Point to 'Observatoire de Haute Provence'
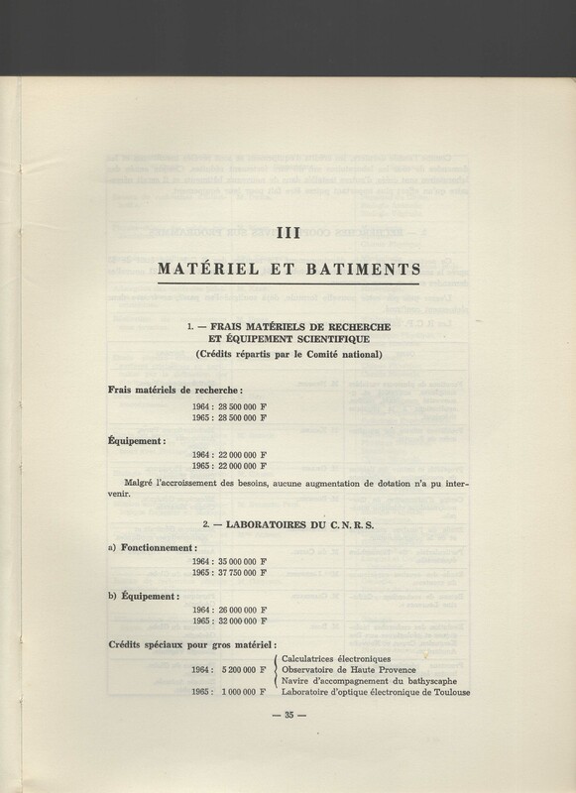click(353, 669)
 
